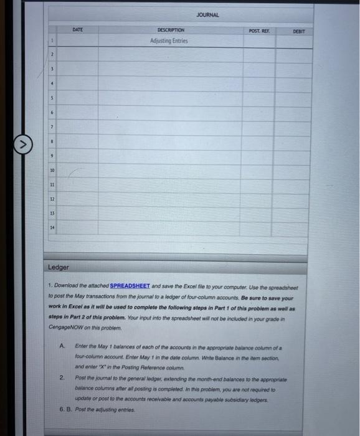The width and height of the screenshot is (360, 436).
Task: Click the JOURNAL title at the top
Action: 207,14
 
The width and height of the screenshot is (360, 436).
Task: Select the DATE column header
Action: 78,29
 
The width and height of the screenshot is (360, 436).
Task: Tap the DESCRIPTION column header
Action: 171,30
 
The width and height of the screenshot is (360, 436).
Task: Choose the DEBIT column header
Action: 300,31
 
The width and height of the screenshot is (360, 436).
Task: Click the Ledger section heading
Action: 59,267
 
